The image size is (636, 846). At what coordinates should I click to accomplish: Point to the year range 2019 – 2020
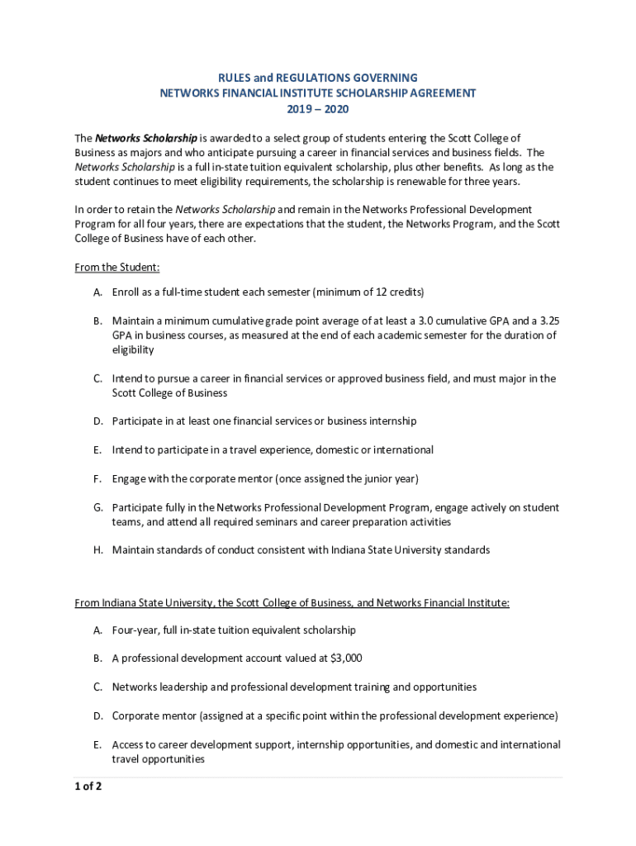(x=318, y=108)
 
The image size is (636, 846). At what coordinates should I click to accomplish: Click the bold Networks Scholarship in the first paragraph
(x=146, y=138)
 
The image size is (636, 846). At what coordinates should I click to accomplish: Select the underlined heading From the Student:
(x=117, y=267)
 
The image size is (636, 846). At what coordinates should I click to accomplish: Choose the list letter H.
(x=97, y=549)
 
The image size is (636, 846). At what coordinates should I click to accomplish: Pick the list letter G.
(x=97, y=507)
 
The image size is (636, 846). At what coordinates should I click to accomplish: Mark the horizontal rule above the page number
(x=318, y=777)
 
